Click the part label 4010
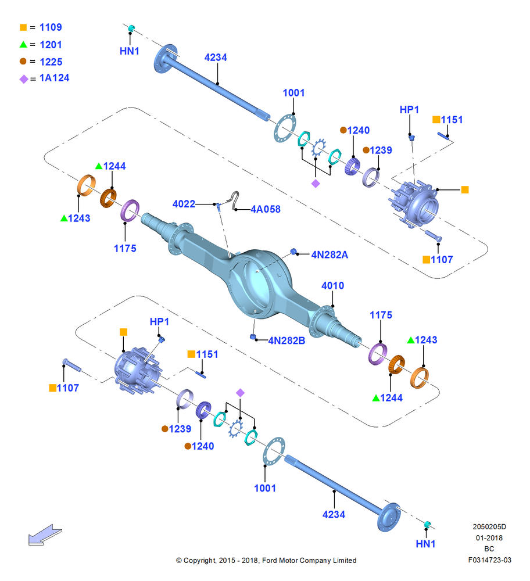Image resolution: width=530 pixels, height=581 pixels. click(x=332, y=286)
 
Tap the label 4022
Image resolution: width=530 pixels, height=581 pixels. click(x=184, y=204)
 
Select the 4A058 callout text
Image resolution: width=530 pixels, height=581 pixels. click(x=266, y=209)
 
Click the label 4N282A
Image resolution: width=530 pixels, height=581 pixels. click(x=330, y=254)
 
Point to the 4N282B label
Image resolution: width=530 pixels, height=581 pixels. click(x=287, y=340)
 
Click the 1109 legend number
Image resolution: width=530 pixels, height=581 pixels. click(x=51, y=27)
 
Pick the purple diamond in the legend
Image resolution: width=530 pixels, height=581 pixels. click(x=24, y=79)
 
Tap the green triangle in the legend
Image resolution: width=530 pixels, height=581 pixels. click(x=23, y=45)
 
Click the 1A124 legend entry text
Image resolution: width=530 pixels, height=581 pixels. click(x=55, y=78)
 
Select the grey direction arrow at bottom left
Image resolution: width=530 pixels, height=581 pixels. click(x=45, y=535)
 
